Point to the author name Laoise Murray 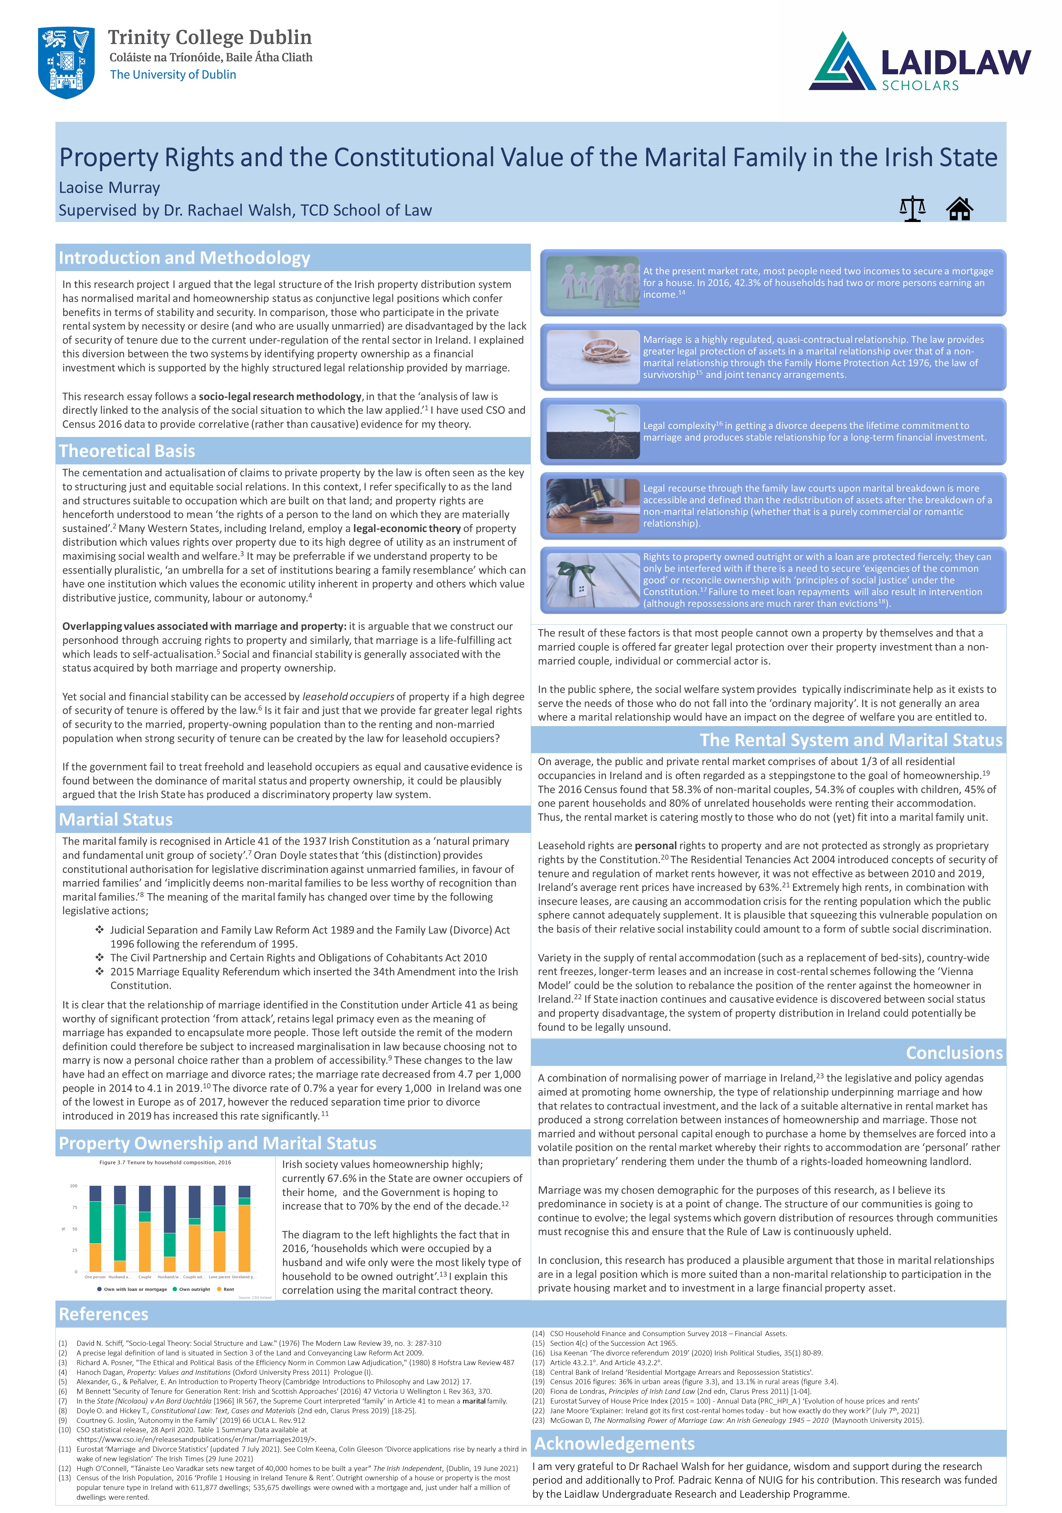coord(110,188)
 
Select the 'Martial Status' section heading coord(116,819)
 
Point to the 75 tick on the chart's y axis coord(74,1207)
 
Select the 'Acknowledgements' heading coord(614,1443)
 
